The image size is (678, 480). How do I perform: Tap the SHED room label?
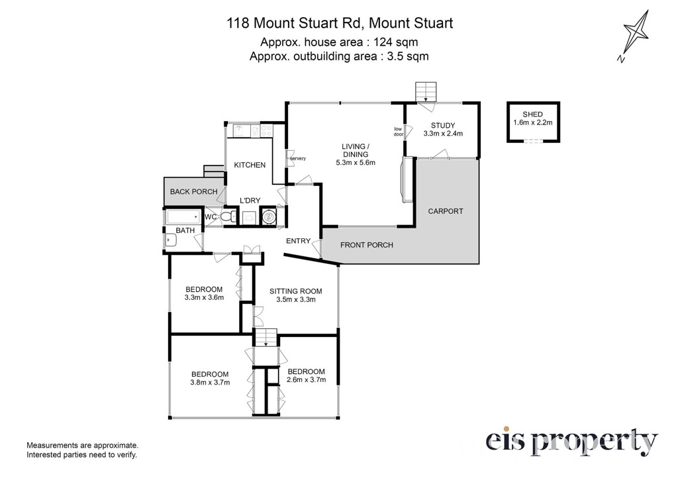[532, 114]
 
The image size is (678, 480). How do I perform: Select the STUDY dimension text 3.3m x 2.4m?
[443, 134]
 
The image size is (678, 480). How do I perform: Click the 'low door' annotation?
[398, 132]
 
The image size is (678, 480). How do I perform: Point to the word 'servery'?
[298, 158]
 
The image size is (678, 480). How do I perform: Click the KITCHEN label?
[250, 165]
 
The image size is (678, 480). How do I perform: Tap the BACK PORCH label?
[194, 191]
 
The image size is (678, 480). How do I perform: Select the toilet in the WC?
[228, 216]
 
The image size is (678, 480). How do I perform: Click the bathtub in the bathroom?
[183, 217]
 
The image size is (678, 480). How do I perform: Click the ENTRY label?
[299, 241]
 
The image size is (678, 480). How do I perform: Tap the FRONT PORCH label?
[367, 245]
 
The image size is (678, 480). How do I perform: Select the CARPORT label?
[446, 211]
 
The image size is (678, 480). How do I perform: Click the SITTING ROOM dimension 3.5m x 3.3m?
[296, 299]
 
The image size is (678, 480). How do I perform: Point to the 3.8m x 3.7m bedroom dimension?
[210, 382]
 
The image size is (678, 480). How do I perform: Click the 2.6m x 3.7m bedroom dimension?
[306, 379]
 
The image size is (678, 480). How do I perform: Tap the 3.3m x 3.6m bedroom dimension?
[204, 297]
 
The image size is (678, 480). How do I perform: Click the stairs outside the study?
[426, 91]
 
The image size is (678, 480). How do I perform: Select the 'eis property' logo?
[571, 442]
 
